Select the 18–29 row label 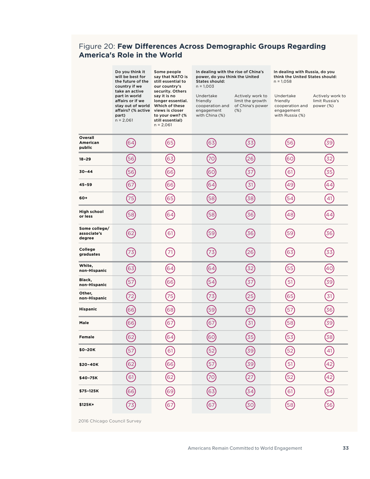(x=86, y=159)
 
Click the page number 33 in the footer (x=345, y=448)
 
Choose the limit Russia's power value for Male (x=329, y=323)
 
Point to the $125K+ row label (x=87, y=403)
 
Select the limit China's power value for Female (x=250, y=336)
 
